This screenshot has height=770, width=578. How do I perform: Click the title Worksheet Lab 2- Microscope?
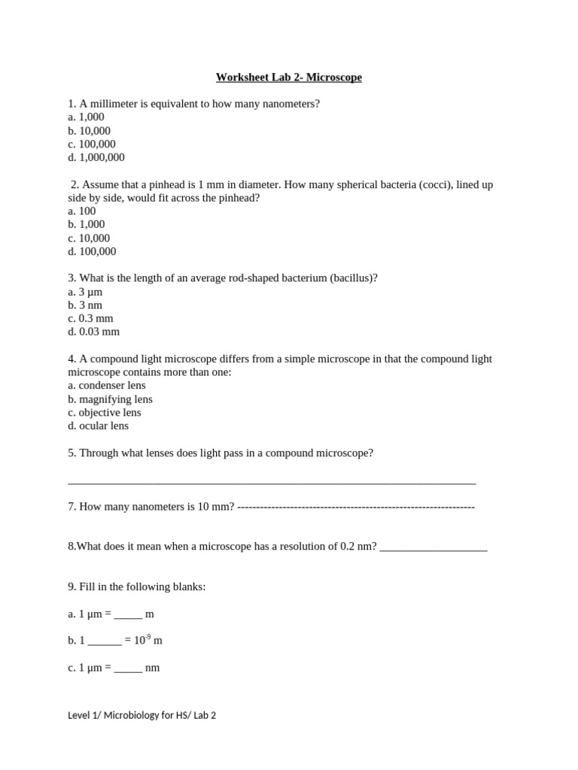(288, 77)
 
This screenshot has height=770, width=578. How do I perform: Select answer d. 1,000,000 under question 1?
(96, 157)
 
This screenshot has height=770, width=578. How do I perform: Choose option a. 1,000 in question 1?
(86, 117)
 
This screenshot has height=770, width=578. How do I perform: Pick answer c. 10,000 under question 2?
(89, 238)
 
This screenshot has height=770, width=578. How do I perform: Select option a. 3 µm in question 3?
(84, 292)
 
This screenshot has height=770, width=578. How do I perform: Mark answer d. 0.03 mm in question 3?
(93, 332)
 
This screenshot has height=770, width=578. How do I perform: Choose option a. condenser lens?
(106, 385)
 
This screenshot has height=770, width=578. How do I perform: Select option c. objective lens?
(105, 412)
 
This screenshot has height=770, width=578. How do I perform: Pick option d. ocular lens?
(98, 426)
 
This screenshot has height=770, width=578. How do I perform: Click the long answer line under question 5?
(272, 481)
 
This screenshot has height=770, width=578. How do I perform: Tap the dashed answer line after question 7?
(355, 507)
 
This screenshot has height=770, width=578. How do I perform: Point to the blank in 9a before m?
(128, 615)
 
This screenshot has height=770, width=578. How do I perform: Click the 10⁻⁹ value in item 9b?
(142, 640)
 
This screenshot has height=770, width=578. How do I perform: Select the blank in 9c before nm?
(128, 668)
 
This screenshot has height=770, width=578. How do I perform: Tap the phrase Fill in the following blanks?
(142, 587)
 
